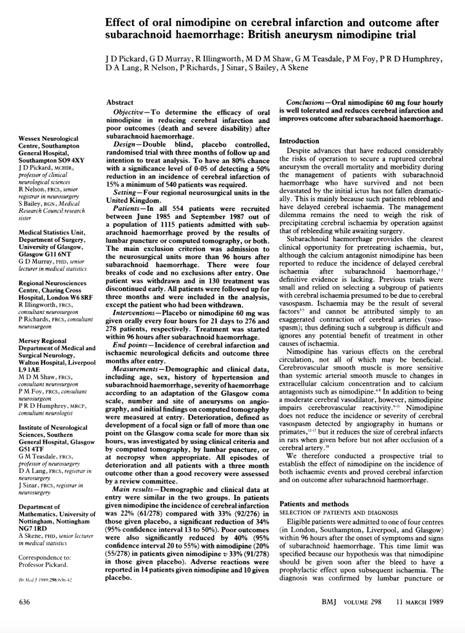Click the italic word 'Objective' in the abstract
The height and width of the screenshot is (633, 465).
(x=130, y=112)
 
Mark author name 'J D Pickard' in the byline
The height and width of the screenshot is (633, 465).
(x=124, y=59)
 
